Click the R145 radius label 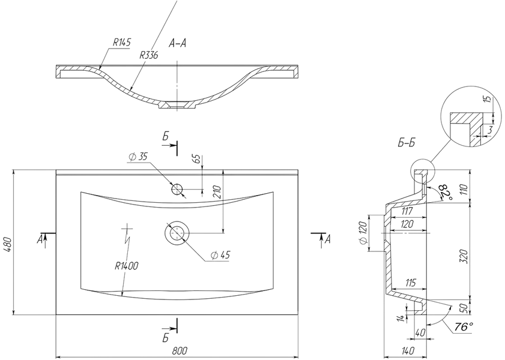click(x=122, y=43)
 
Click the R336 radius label click(x=149, y=55)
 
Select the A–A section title click(x=177, y=43)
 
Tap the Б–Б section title click(x=406, y=143)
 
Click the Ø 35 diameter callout click(x=138, y=157)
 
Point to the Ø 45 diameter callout click(x=220, y=255)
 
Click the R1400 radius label click(x=127, y=266)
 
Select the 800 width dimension click(x=180, y=351)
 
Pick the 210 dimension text click(x=217, y=193)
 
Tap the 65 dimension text click(x=198, y=159)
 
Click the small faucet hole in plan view click(x=177, y=189)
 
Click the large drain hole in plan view click(x=177, y=232)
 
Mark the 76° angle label click(x=464, y=327)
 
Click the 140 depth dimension click(x=407, y=351)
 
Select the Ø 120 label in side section click(x=363, y=233)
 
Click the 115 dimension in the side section click(x=410, y=283)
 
